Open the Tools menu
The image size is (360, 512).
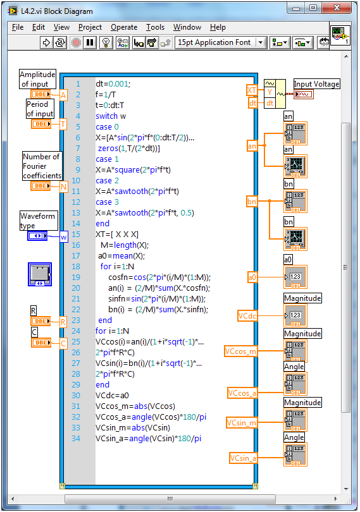pos(155,27)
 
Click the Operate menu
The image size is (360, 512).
pos(123,27)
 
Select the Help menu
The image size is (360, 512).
pos(218,27)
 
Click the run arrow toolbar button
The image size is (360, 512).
pos(46,42)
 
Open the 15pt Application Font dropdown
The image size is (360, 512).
pos(221,42)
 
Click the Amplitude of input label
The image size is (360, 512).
pos(38,79)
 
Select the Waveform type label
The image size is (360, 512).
pos(37,221)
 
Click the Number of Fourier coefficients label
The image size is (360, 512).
pos(42,166)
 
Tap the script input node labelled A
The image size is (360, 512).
pos(63,95)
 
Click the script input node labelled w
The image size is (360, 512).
pos(63,237)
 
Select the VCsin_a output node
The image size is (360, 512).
pos(244,458)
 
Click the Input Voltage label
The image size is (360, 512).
pos(317,84)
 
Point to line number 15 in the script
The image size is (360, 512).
pos(77,234)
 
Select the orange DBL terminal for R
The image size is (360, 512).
pos(41,322)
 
